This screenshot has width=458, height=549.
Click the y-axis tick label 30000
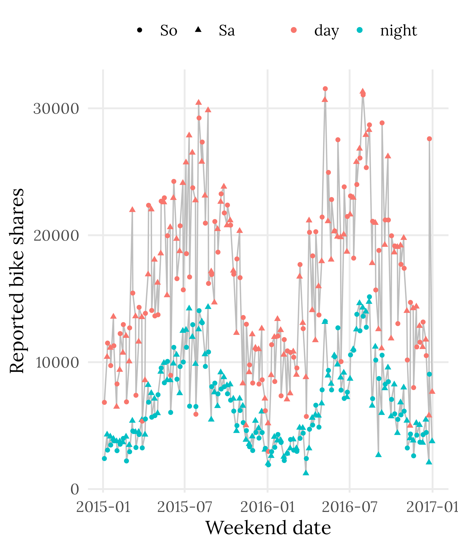[x=56, y=108]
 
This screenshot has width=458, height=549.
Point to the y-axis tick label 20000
[x=56, y=235]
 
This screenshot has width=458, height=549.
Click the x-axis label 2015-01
[x=103, y=507]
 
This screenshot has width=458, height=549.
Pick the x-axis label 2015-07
[x=185, y=507]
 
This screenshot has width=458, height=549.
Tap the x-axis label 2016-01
[x=267, y=507]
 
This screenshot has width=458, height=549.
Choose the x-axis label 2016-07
[x=350, y=507]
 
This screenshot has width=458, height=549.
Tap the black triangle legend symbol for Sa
[x=198, y=29]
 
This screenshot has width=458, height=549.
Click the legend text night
[x=398, y=31]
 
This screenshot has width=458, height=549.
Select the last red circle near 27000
[x=429, y=139]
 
